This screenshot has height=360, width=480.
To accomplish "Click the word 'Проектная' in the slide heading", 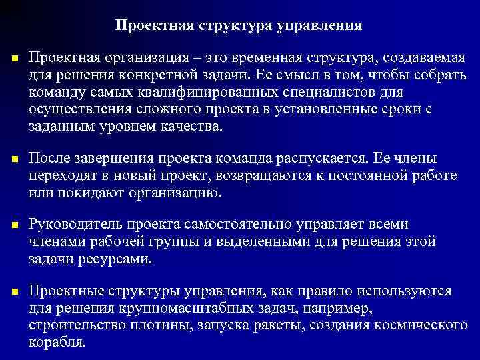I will tap(149, 26).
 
